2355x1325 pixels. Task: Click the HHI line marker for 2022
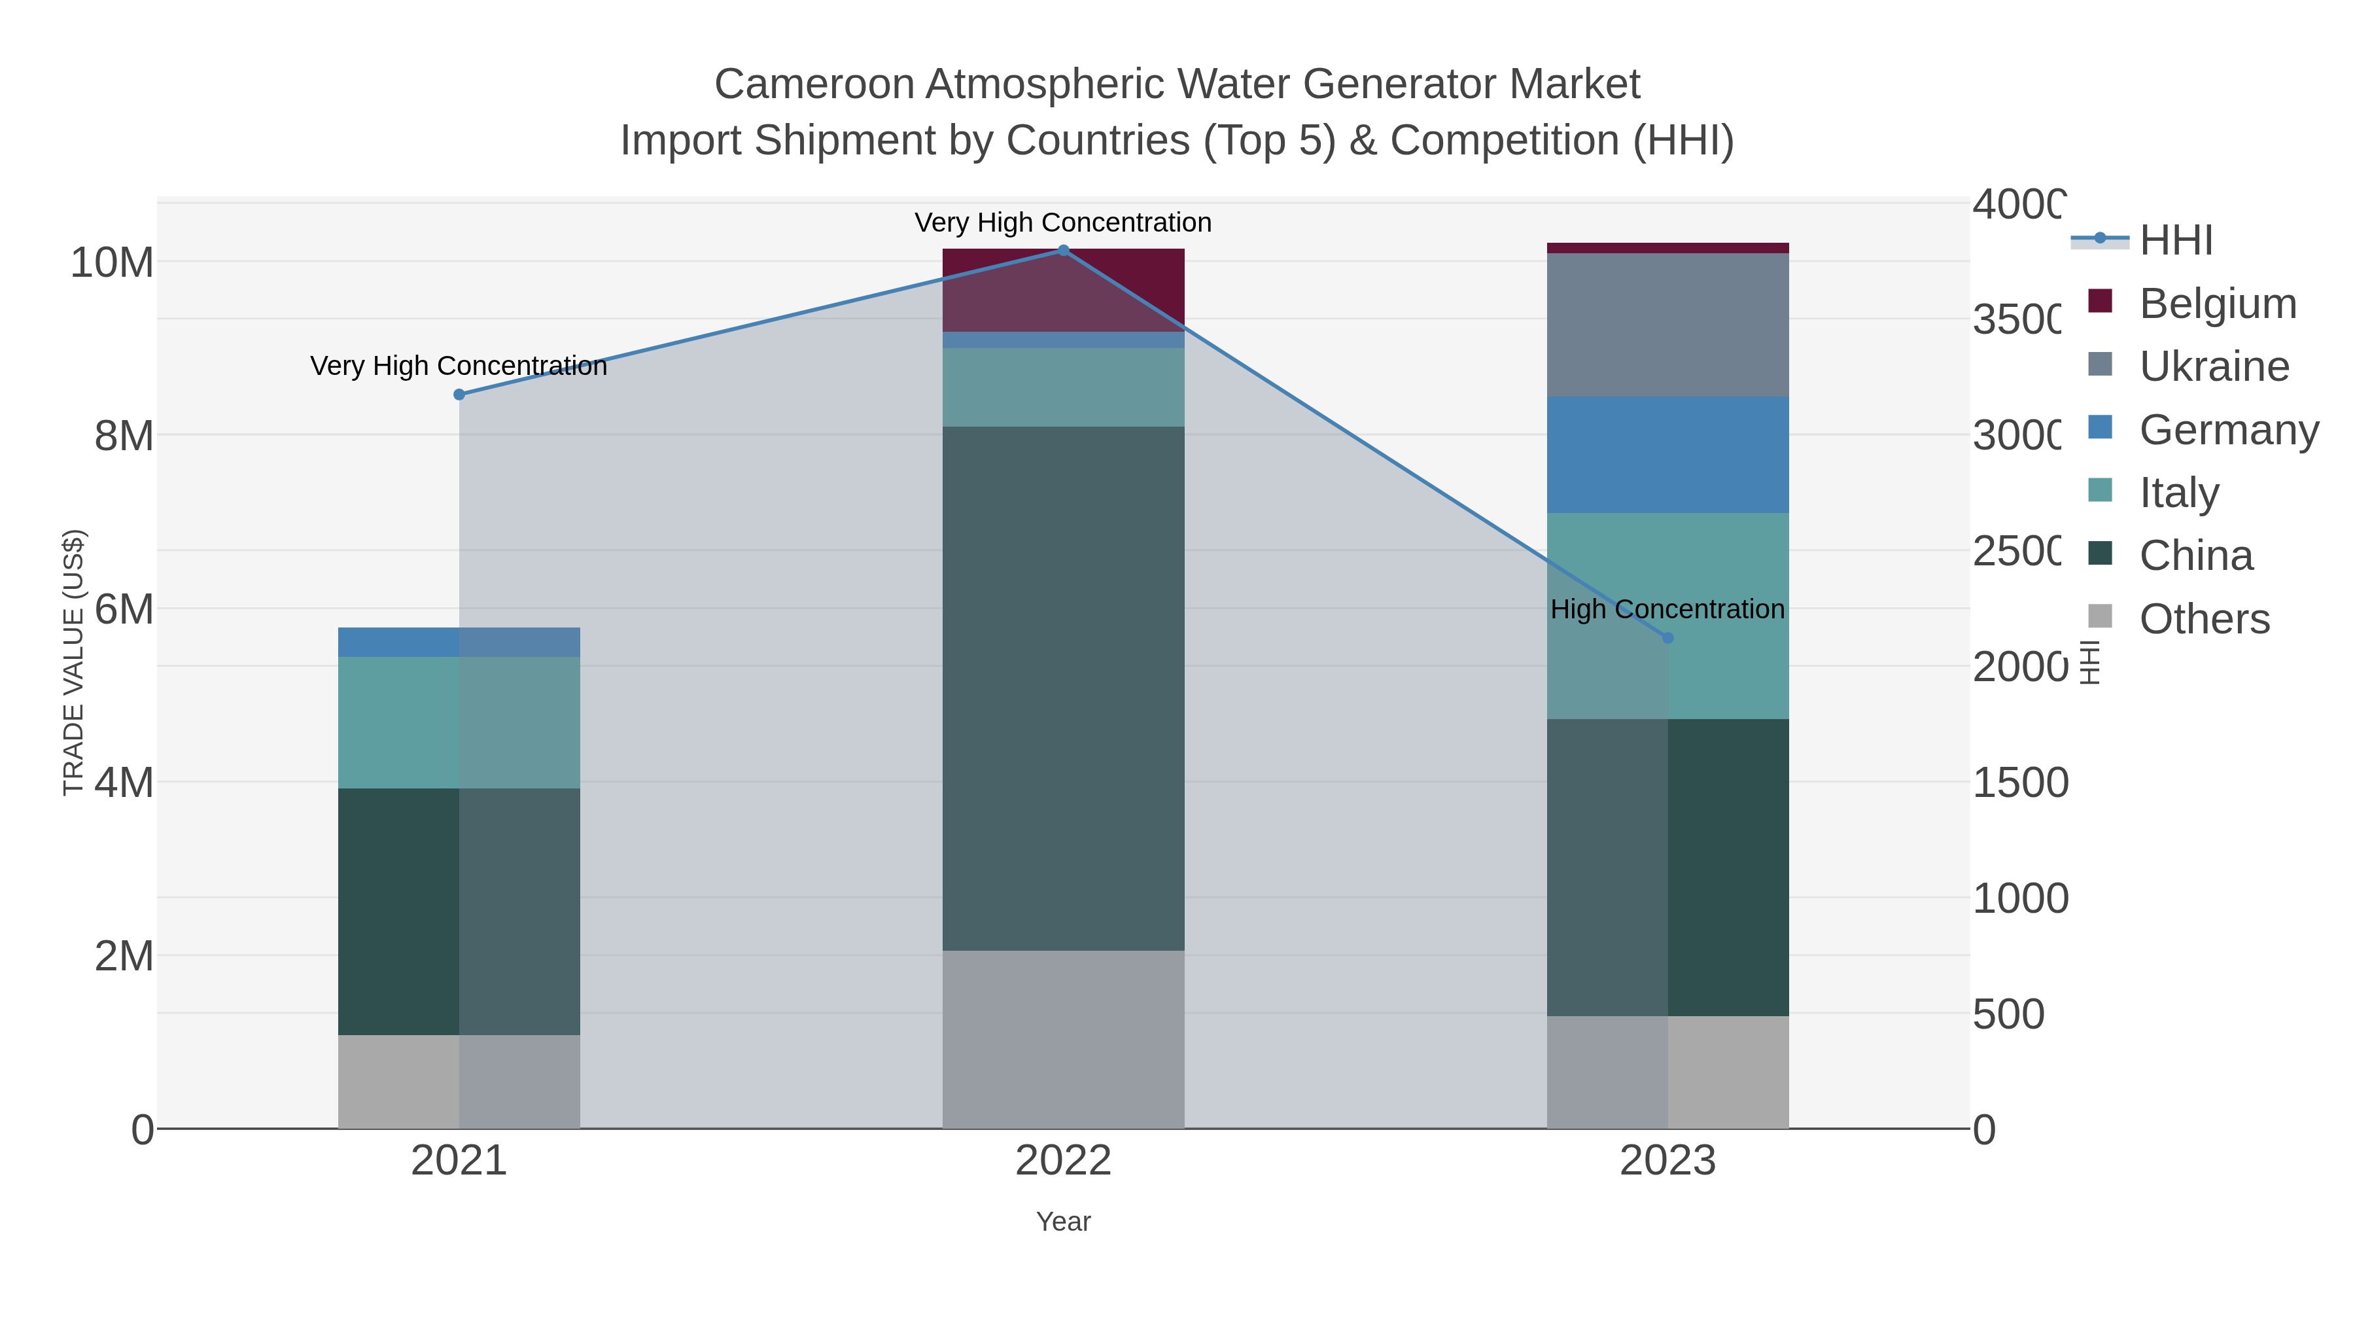pyautogui.click(x=1062, y=250)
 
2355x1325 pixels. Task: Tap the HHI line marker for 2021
pyautogui.click(x=459, y=394)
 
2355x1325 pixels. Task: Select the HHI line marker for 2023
pyautogui.click(x=1667, y=637)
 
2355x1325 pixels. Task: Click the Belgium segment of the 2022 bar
pyautogui.click(x=1063, y=289)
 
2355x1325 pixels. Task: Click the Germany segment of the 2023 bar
pyautogui.click(x=1667, y=455)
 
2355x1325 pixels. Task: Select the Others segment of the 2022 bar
pyautogui.click(x=1063, y=1039)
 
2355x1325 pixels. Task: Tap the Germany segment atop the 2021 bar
pyautogui.click(x=459, y=642)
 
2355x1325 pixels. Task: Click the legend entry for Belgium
pyautogui.click(x=2217, y=303)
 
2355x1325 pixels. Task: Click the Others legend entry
pyautogui.click(x=2203, y=618)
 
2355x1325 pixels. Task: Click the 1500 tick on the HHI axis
pyautogui.click(x=2019, y=783)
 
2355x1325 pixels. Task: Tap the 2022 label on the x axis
pyautogui.click(x=1063, y=1160)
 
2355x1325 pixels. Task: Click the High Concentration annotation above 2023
pyautogui.click(x=1667, y=609)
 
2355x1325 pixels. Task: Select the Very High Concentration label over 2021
pyautogui.click(x=459, y=366)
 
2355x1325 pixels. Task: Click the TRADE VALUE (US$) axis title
pyautogui.click(x=73, y=662)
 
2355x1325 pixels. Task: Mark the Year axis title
pyautogui.click(x=1063, y=1222)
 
